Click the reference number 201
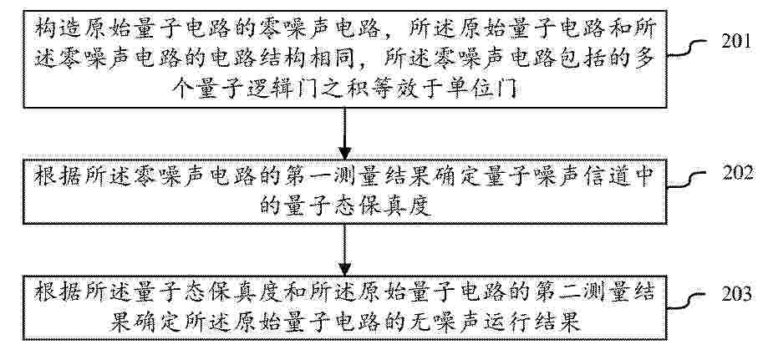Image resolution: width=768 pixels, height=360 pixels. click(x=735, y=42)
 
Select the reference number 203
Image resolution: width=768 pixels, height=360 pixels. click(x=736, y=295)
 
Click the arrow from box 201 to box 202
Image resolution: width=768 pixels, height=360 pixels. click(x=345, y=133)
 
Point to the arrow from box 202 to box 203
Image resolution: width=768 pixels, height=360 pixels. click(x=345, y=250)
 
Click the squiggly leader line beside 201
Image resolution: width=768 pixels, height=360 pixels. click(x=688, y=48)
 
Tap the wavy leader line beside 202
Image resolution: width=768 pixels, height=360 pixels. click(x=688, y=180)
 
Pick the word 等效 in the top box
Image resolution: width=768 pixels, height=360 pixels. click(x=404, y=89)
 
